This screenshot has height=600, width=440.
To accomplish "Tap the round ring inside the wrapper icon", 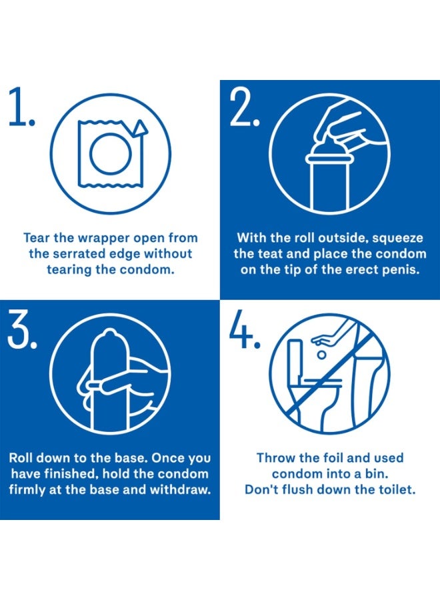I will (109, 154).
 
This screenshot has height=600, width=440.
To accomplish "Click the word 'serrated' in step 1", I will (75, 253).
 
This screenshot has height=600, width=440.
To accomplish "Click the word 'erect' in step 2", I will (362, 270).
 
